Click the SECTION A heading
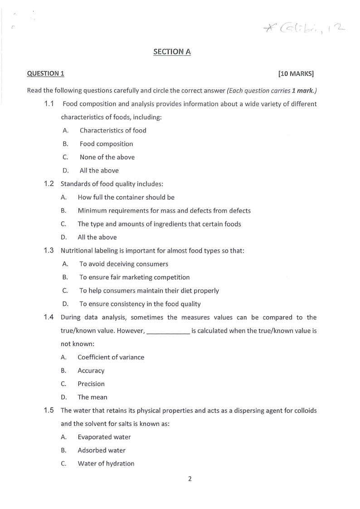pyautogui.click(x=172, y=52)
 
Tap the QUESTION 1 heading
pyautogui.click(x=46, y=73)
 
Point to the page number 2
pyautogui.click(x=190, y=479)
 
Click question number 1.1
pyautogui.click(x=49, y=104)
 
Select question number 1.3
pyautogui.click(x=49, y=250)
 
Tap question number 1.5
pyautogui.click(x=49, y=411)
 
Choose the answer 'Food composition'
pyautogui.click(x=106, y=144)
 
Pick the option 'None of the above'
pyautogui.click(x=107, y=157)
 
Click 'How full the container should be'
pyautogui.click(x=126, y=197)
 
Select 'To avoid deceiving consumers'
pyautogui.click(x=123, y=264)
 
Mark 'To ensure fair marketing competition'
pyautogui.click(x=134, y=277)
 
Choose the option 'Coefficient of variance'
pyautogui.click(x=111, y=357)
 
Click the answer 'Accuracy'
pyautogui.click(x=91, y=371)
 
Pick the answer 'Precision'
pyautogui.click(x=91, y=384)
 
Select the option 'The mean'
pyautogui.click(x=92, y=397)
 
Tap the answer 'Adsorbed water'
pyautogui.click(x=102, y=450)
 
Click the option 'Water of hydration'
pyautogui.click(x=106, y=464)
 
